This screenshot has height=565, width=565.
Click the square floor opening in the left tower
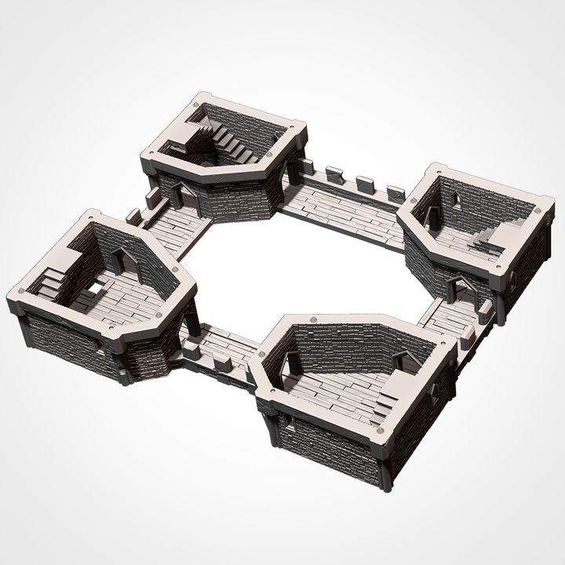click(94, 289)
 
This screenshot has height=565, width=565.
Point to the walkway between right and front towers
click(448, 317)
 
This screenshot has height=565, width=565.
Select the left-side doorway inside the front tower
click(292, 363)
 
